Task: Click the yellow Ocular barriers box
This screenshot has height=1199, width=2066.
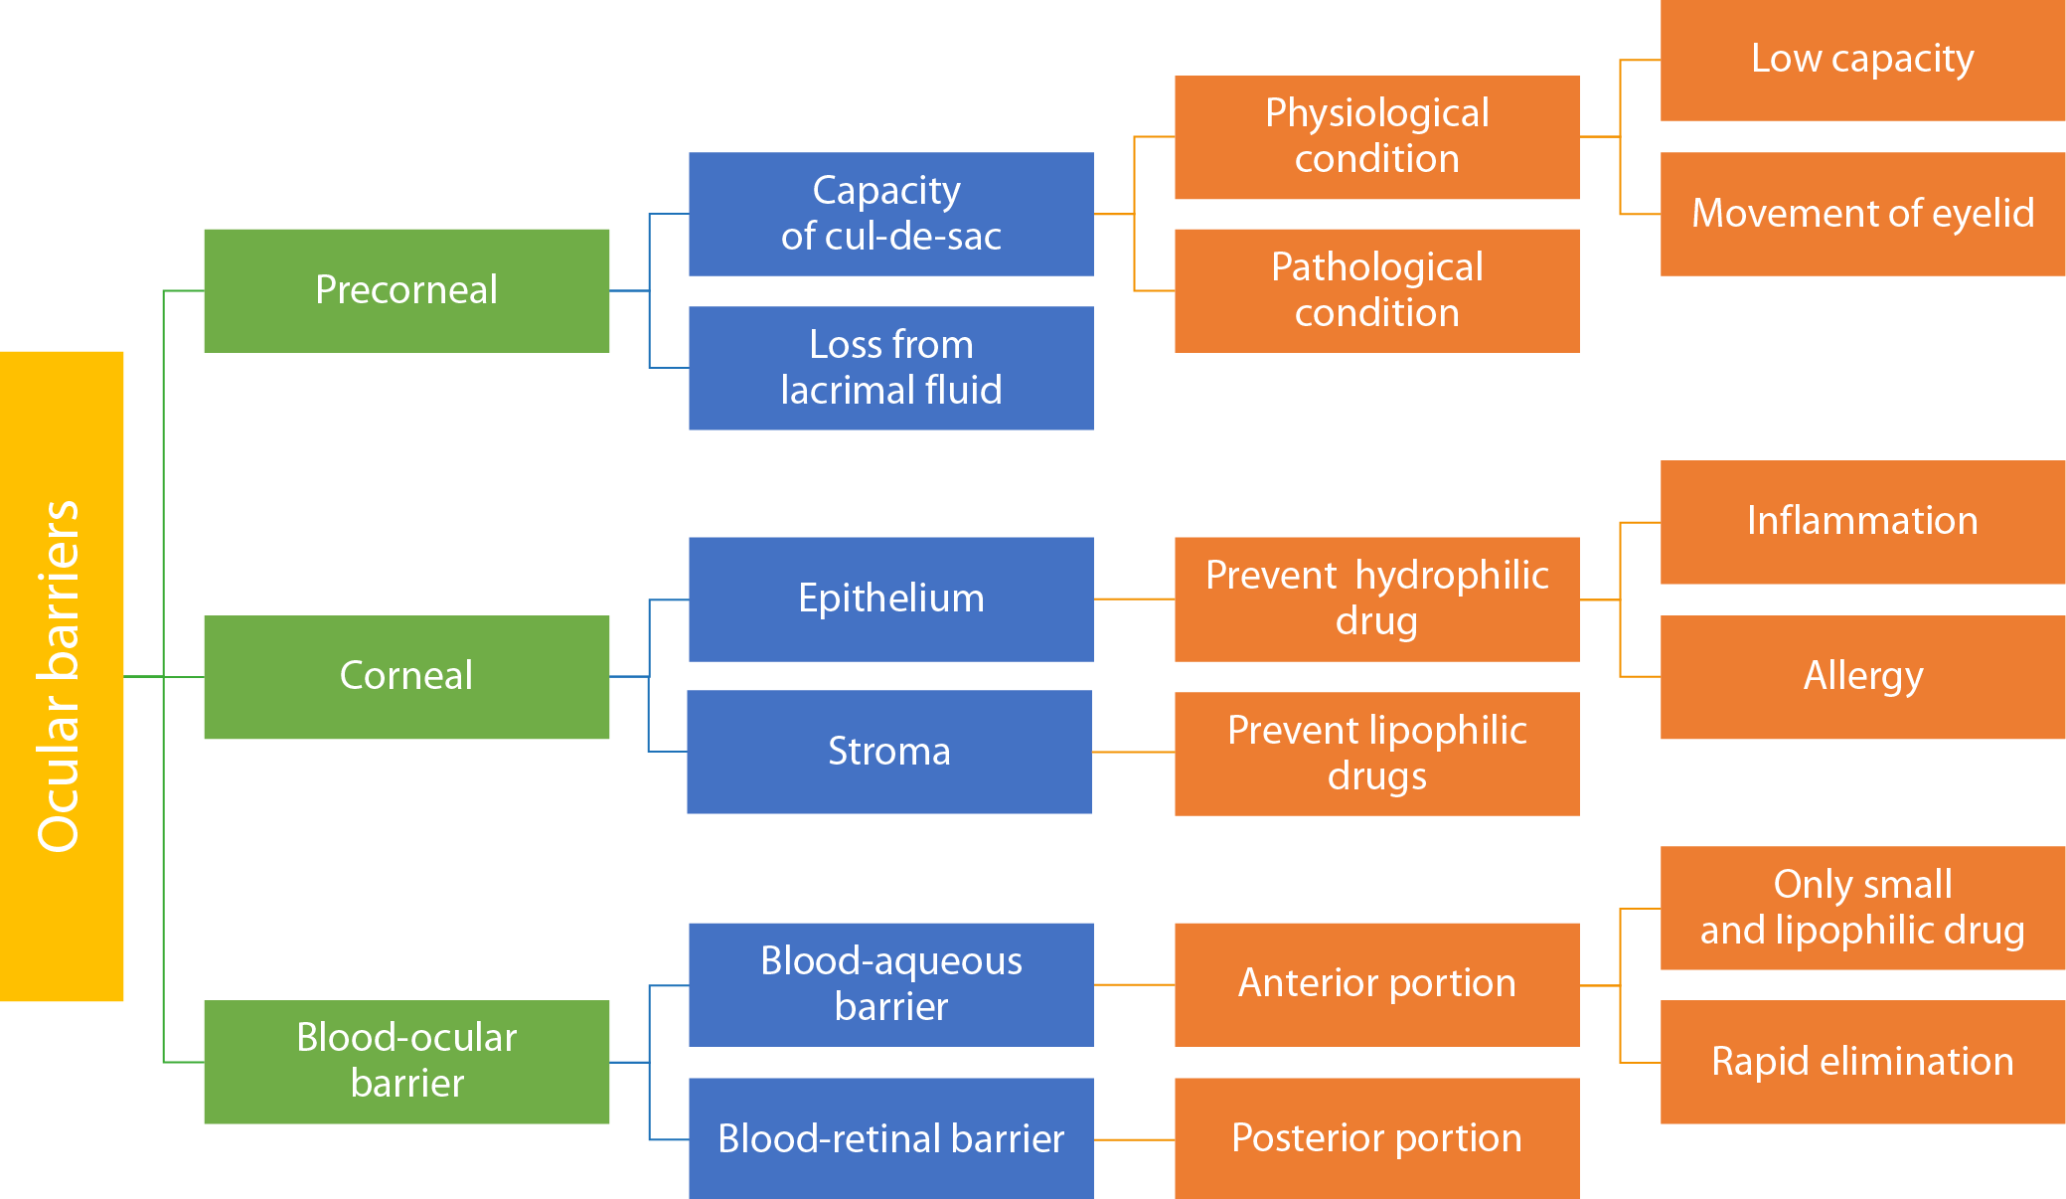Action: pyautogui.click(x=62, y=676)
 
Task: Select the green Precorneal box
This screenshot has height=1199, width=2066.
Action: pyautogui.click(x=406, y=290)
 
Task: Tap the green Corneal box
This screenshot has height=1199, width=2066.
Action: pyautogui.click(x=406, y=676)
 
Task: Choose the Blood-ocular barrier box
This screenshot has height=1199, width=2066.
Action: pyautogui.click(x=406, y=1062)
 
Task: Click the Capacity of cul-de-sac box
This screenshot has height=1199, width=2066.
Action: pyautogui.click(x=890, y=214)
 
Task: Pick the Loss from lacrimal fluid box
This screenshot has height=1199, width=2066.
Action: pyautogui.click(x=890, y=368)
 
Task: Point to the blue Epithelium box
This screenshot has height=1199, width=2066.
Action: pyautogui.click(x=890, y=599)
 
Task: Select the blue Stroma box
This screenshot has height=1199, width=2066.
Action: pyautogui.click(x=888, y=752)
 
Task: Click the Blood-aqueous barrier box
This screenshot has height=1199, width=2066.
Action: pyautogui.click(x=890, y=984)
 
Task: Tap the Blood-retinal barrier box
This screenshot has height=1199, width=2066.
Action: pyautogui.click(x=890, y=1138)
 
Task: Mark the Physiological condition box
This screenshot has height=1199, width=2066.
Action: pyautogui.click(x=1376, y=137)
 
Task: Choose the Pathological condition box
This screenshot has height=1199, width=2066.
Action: pyautogui.click(x=1376, y=290)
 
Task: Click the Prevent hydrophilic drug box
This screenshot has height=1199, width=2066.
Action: pyautogui.click(x=1376, y=599)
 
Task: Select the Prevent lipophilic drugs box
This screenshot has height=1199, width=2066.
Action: pyautogui.click(x=1376, y=754)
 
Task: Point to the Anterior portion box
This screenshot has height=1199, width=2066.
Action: pyautogui.click(x=1376, y=984)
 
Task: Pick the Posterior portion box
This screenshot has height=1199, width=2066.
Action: pyautogui.click(x=1376, y=1138)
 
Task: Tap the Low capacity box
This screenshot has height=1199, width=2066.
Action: pyautogui.click(x=1862, y=60)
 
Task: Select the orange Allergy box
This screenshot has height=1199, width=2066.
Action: pyautogui.click(x=1862, y=676)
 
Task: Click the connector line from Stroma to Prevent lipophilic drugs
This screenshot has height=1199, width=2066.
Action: pyautogui.click(x=1133, y=752)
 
